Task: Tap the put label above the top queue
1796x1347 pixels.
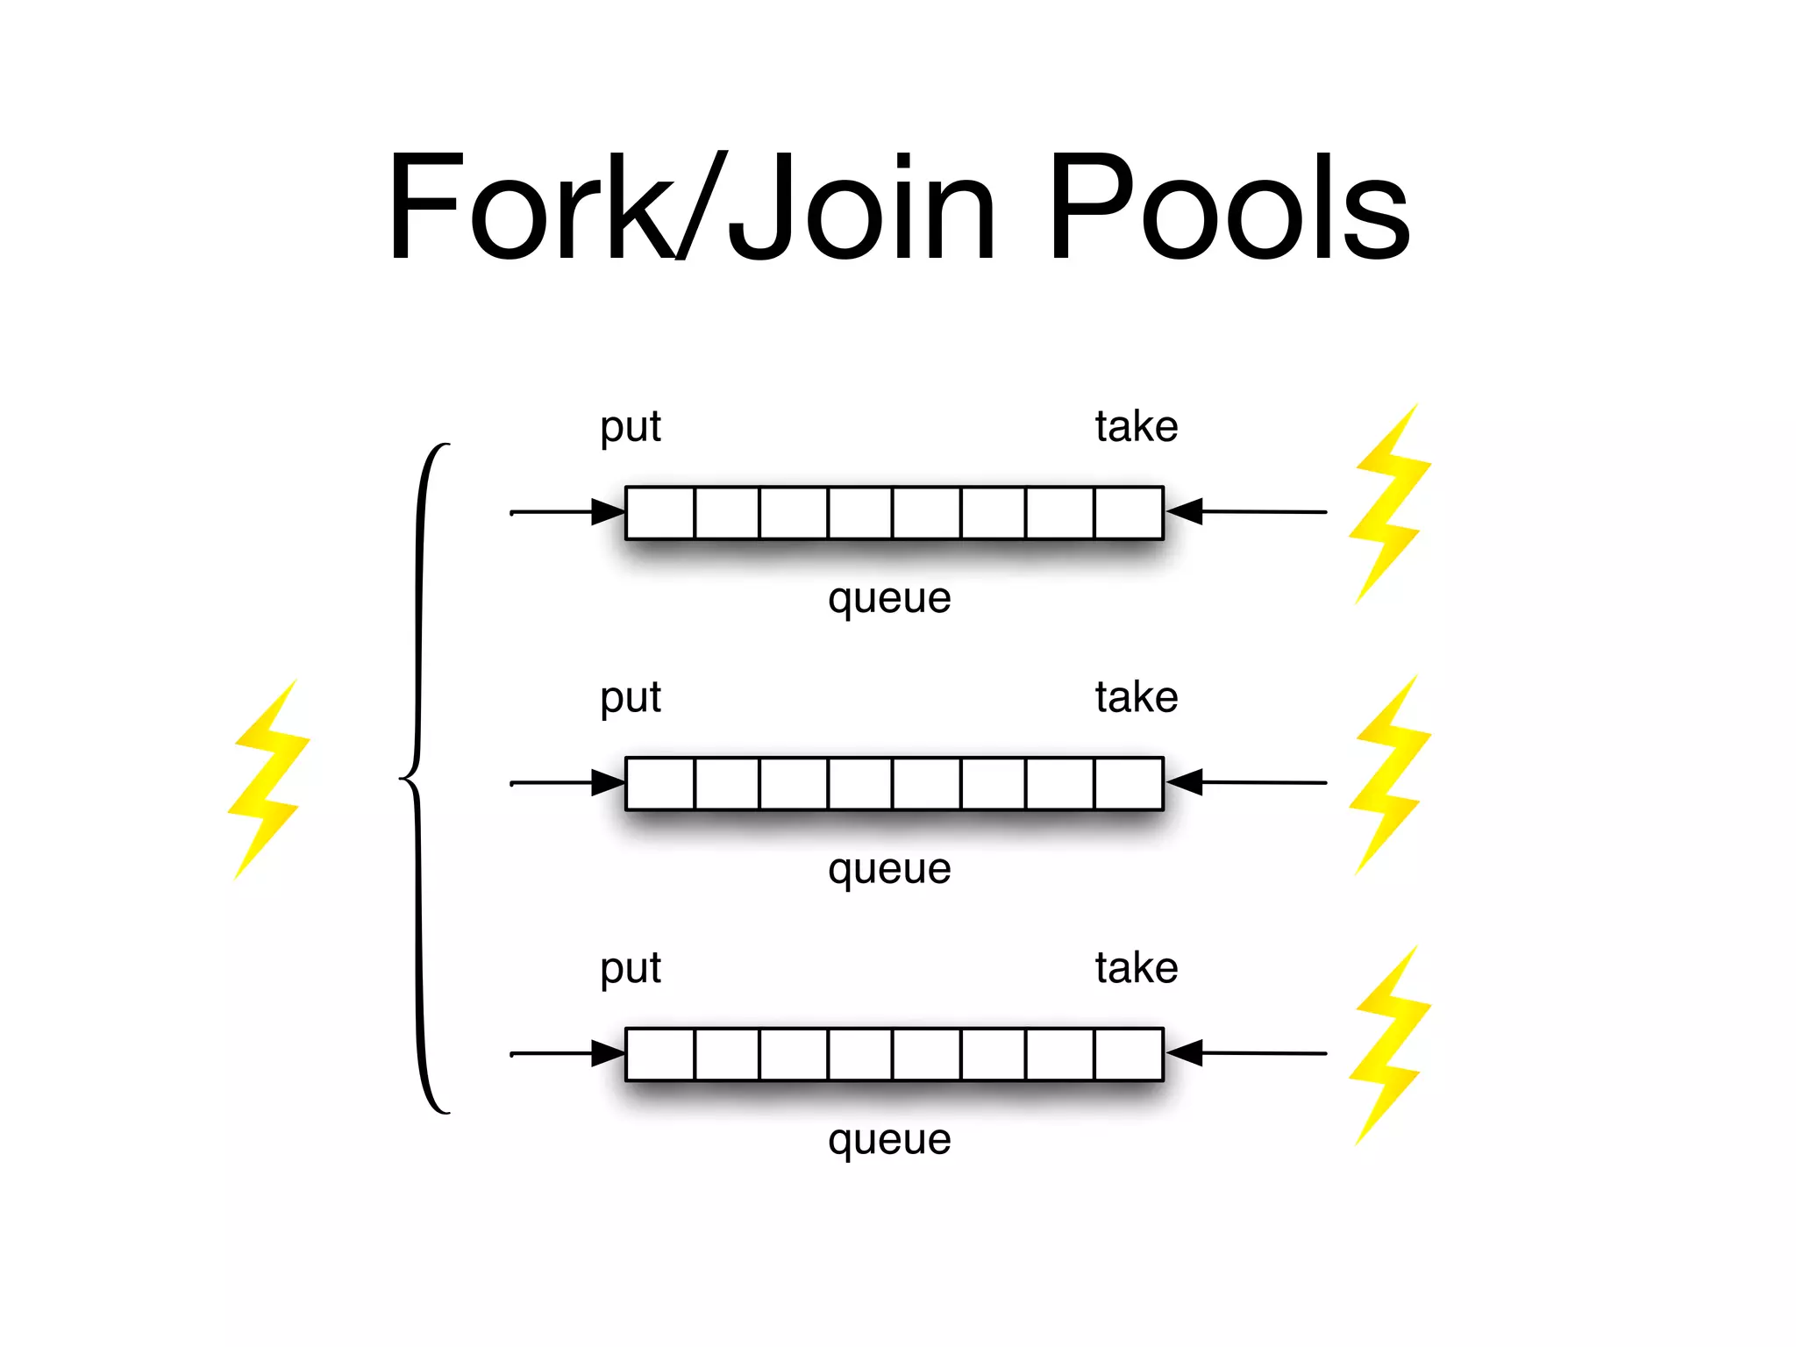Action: click(x=631, y=428)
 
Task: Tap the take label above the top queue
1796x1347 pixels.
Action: click(x=1136, y=427)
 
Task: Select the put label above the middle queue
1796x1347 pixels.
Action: click(x=631, y=699)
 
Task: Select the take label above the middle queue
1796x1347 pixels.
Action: click(x=1136, y=698)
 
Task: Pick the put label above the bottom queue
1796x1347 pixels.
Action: click(x=631, y=970)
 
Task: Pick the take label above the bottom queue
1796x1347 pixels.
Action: click(x=1136, y=969)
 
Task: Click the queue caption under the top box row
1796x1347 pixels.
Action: click(x=889, y=600)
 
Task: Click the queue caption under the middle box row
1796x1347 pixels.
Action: click(x=889, y=871)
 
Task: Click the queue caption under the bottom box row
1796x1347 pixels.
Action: click(x=889, y=1141)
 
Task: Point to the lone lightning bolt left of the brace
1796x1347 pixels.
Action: click(x=267, y=779)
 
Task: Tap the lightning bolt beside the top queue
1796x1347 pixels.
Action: click(x=1389, y=504)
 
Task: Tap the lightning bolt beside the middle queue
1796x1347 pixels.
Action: click(x=1389, y=775)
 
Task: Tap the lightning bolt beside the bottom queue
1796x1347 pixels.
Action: click(x=1389, y=1045)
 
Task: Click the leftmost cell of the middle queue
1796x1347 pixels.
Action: click(x=660, y=783)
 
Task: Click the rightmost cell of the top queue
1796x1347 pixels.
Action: click(x=1129, y=513)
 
